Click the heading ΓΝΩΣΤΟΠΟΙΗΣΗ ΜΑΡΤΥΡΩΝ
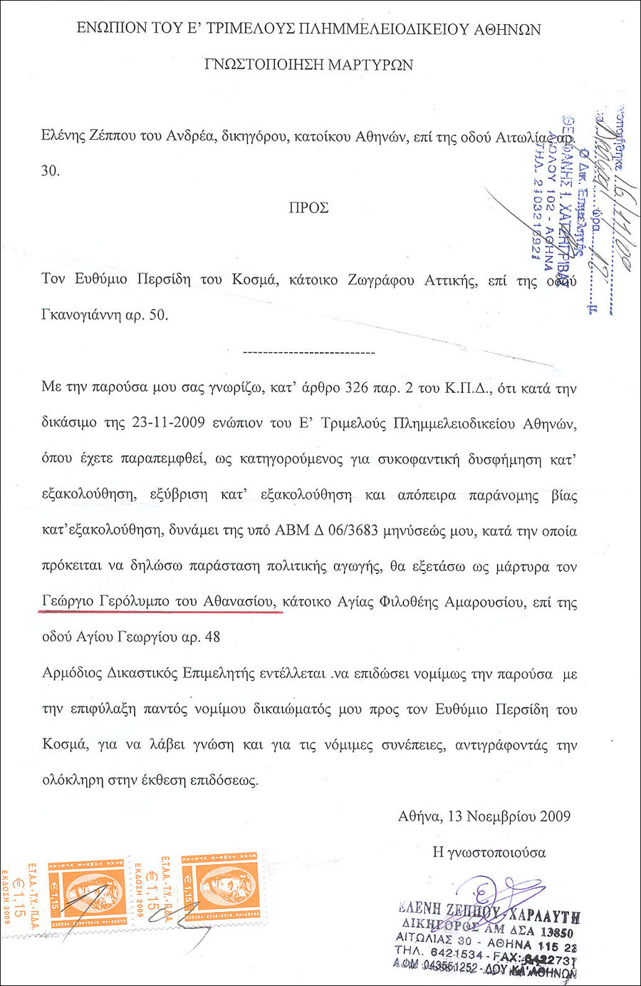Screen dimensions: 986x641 308,65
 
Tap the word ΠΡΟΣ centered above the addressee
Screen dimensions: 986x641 308,208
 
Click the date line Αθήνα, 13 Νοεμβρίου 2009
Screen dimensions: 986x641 484,816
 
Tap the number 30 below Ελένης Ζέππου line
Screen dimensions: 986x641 50,171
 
